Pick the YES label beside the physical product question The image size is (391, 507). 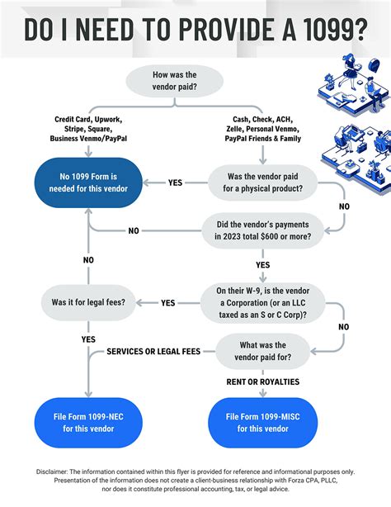tap(176, 182)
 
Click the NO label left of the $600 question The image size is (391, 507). tap(133, 230)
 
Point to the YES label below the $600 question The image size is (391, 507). tap(262, 266)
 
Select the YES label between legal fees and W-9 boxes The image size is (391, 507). tap(168, 303)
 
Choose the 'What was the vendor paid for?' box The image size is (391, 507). tap(262, 351)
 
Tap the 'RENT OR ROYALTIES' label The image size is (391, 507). tap(263, 381)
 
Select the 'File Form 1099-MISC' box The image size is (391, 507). tap(262, 423)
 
